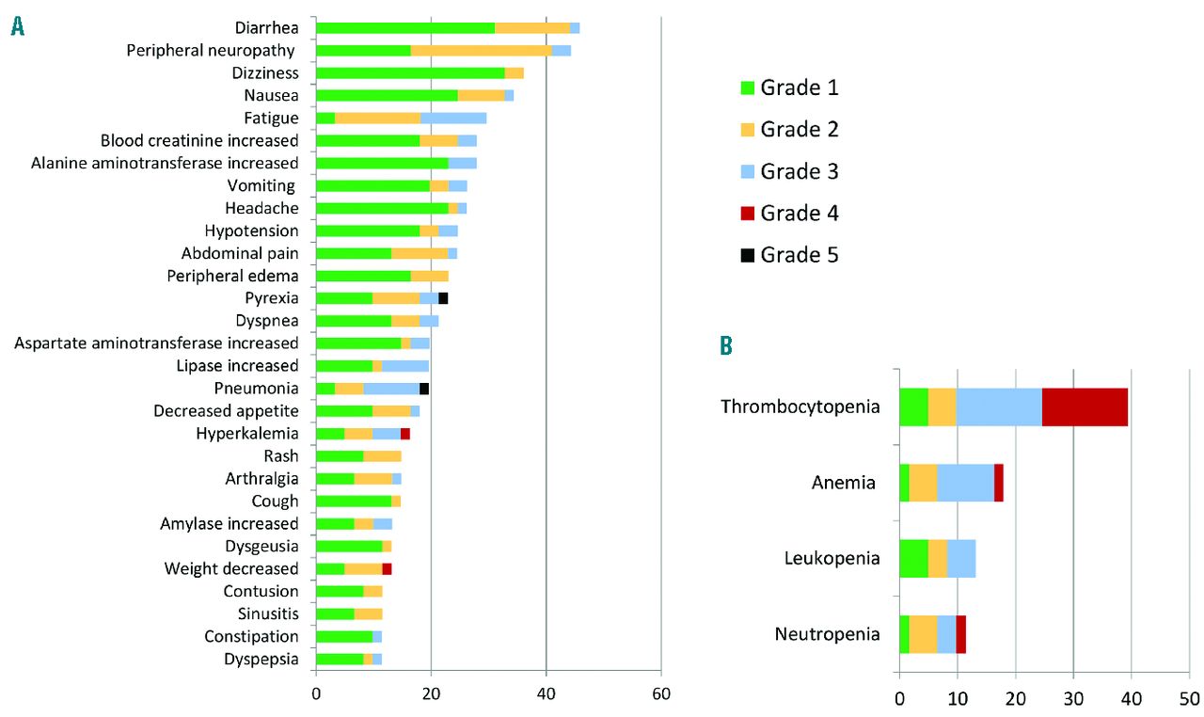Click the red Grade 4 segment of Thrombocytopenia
point(1085,406)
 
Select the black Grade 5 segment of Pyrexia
point(443,298)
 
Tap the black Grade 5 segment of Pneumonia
point(424,389)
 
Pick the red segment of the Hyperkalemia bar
point(405,434)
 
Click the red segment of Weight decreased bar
point(387,569)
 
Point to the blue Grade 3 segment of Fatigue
point(453,118)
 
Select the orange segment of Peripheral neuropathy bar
point(481,50)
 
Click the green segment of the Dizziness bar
point(410,72)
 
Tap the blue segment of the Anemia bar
point(965,483)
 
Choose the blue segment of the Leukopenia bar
point(961,558)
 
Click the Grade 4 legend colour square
point(748,214)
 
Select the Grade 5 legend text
point(800,255)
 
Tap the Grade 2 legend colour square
point(748,130)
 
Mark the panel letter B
point(726,346)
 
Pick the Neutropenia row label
point(827,633)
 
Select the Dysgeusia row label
point(261,547)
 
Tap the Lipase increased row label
point(237,366)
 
